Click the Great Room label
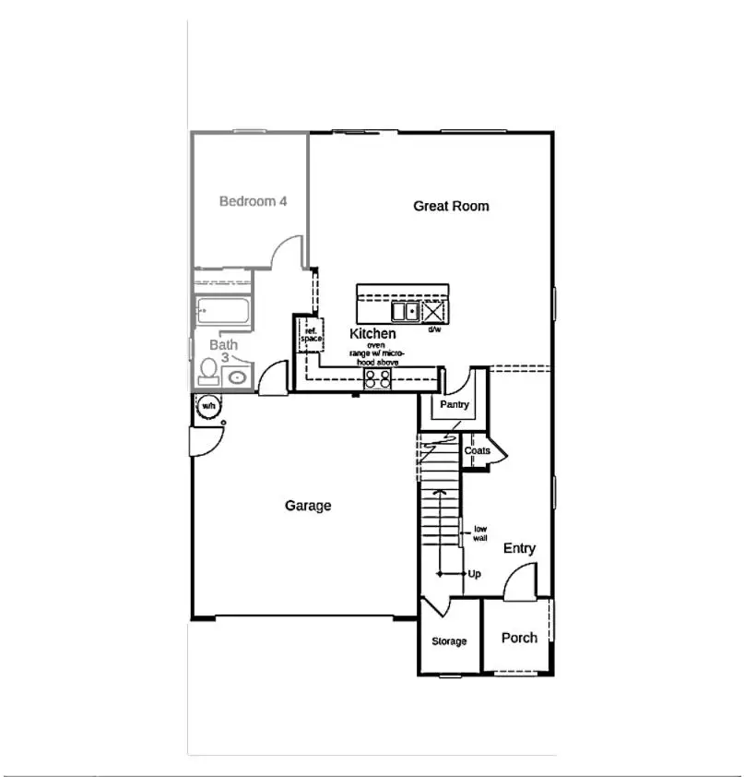(x=451, y=207)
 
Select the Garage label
(x=308, y=506)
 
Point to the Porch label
(x=519, y=638)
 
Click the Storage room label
(x=450, y=641)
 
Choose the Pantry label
(x=455, y=404)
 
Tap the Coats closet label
(x=477, y=450)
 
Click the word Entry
(x=519, y=548)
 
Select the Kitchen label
(x=372, y=333)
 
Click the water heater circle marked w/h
(x=208, y=406)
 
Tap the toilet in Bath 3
(x=208, y=371)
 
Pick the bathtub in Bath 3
(x=224, y=312)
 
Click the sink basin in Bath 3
(x=237, y=377)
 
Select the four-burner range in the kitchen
(x=376, y=378)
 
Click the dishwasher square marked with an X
(x=434, y=311)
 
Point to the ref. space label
(x=312, y=335)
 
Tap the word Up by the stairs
(x=474, y=574)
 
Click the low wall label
(x=480, y=532)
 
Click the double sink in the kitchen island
(x=405, y=311)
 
